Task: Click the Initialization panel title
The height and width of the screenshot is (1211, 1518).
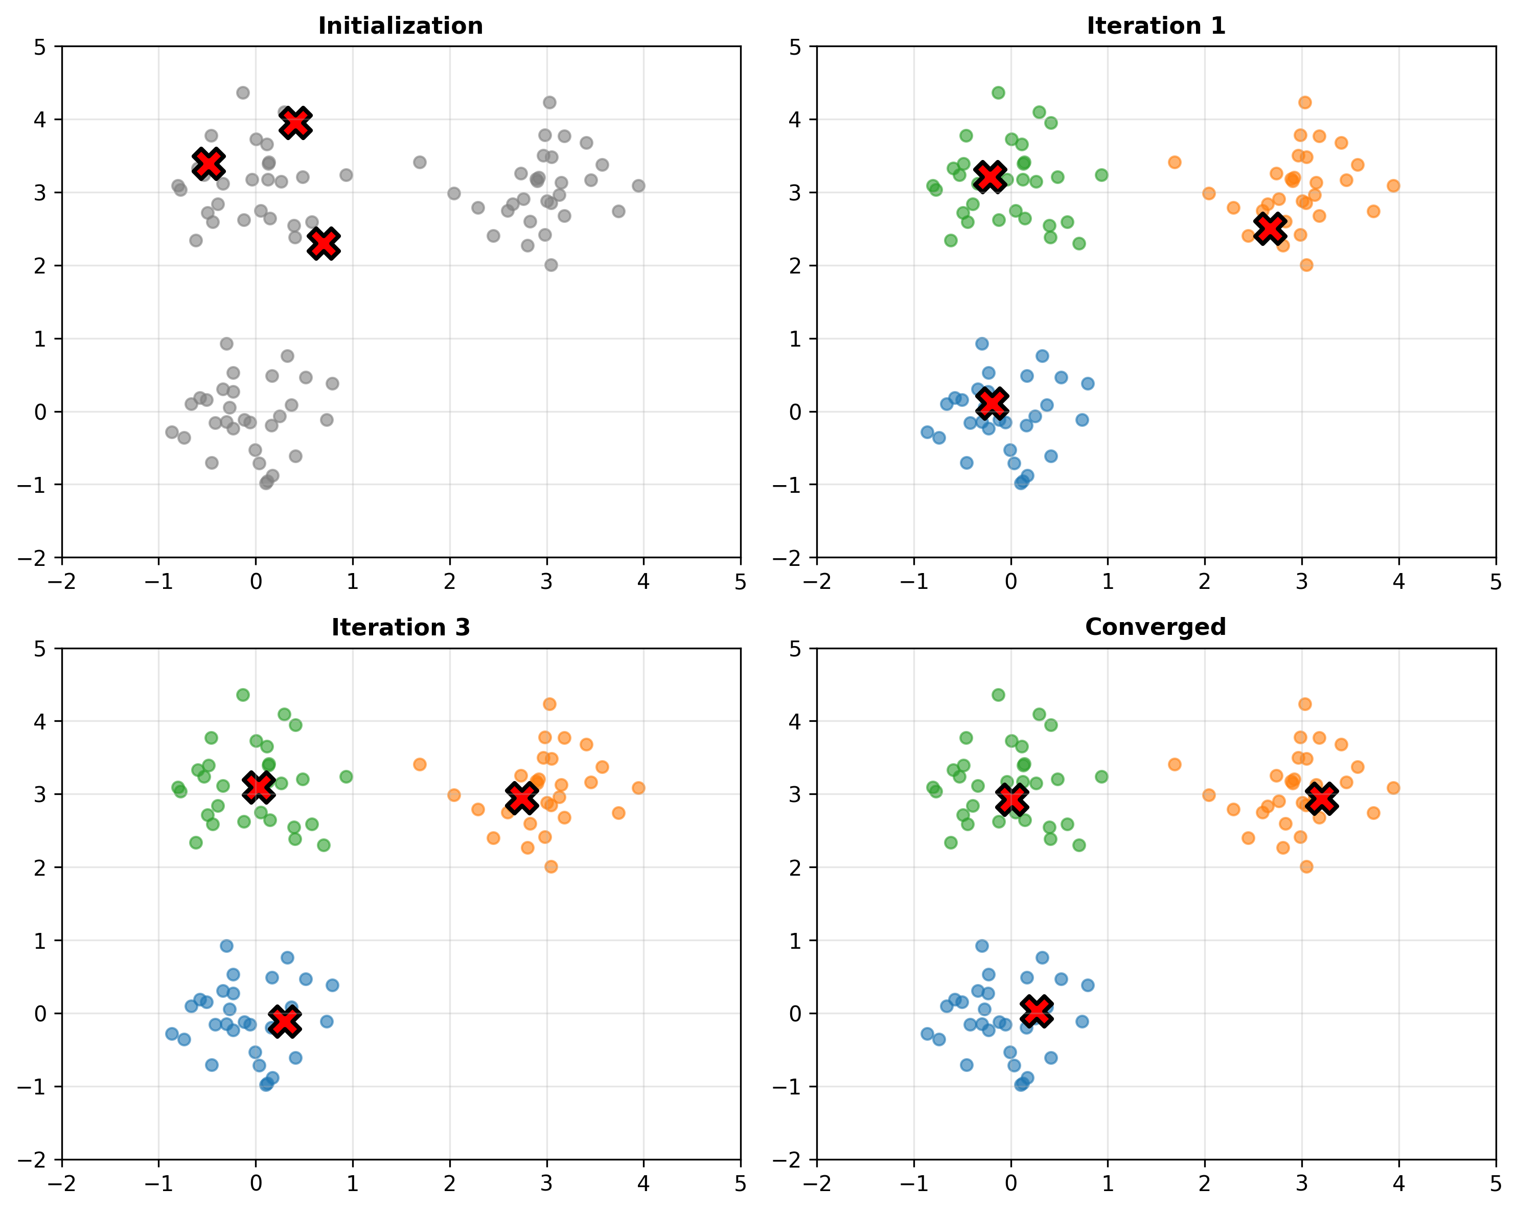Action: pos(401,26)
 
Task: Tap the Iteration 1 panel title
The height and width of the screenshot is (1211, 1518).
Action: pos(1156,26)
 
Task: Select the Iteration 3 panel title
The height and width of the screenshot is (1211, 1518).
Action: pos(401,627)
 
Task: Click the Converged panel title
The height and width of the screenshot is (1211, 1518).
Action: pos(1156,627)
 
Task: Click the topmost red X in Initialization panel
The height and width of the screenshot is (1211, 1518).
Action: pos(296,123)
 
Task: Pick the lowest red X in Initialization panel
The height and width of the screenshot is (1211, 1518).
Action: pos(325,244)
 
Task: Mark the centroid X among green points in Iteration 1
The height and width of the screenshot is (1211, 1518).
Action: pos(991,176)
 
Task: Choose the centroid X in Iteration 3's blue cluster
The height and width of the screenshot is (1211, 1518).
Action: pos(285,1021)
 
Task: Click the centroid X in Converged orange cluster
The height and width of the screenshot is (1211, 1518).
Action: pos(1322,798)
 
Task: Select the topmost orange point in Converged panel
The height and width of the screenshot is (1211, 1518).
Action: pos(1305,704)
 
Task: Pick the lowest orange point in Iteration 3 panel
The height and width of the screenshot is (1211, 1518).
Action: pos(550,866)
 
